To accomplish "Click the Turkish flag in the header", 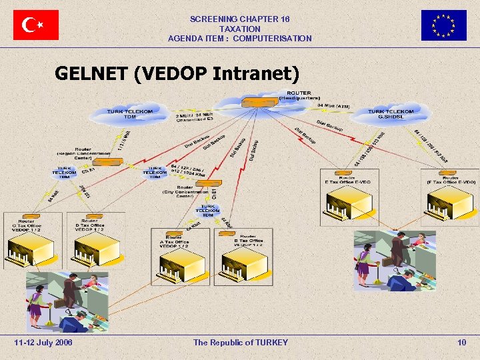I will coord(36,25).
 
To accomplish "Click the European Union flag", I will coord(443,25).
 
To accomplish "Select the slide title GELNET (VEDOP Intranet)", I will coord(177,73).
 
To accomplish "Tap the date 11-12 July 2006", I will coord(43,342).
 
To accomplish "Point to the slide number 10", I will coord(461,342).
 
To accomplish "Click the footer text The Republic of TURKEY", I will coord(241,342).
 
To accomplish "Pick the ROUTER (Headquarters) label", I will coord(299,95).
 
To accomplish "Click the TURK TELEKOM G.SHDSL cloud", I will coord(391,115).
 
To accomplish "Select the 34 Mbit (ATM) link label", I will coord(334,105).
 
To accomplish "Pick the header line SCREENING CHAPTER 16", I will coord(240,20).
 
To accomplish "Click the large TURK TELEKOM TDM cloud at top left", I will coord(129,115).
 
